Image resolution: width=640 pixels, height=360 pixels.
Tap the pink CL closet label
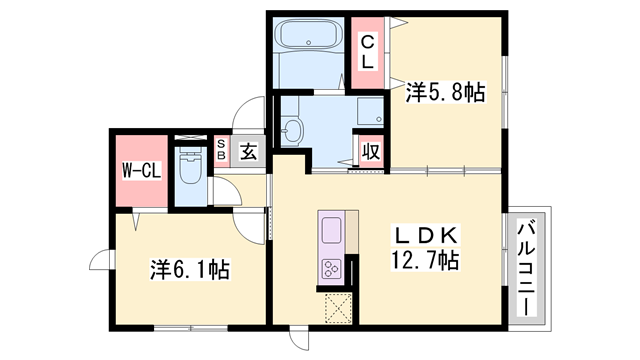point(367,51)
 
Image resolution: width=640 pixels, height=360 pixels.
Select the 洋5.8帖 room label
point(445,93)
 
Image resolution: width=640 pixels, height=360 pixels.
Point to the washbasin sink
point(293,130)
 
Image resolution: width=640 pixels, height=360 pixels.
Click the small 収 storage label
point(370,152)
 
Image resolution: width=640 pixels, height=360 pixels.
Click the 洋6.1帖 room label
point(190,269)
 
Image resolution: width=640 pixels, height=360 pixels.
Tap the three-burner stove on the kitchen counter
point(331,268)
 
